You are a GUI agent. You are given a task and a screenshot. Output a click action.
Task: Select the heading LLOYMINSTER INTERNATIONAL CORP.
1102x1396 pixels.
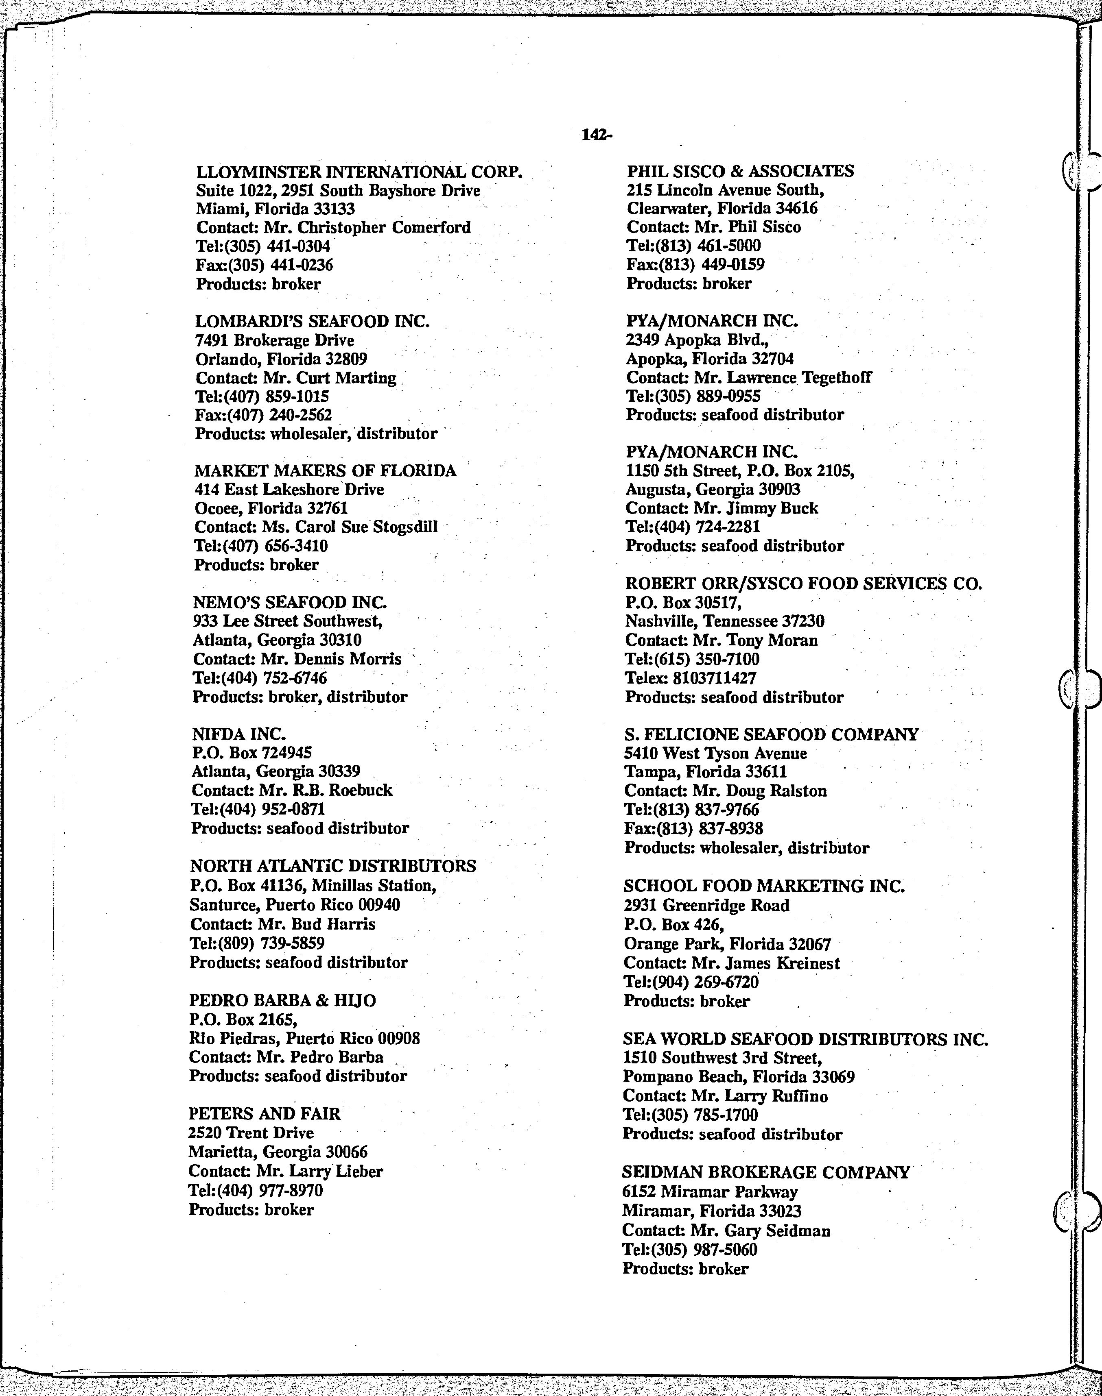click(359, 172)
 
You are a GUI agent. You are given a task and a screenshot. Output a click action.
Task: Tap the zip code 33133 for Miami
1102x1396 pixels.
click(334, 209)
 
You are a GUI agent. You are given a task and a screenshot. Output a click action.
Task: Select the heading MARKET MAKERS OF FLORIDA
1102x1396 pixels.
click(325, 471)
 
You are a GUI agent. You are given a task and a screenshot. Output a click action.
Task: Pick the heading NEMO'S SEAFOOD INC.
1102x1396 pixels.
click(290, 602)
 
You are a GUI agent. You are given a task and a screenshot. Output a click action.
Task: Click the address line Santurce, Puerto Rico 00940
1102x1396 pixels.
click(295, 905)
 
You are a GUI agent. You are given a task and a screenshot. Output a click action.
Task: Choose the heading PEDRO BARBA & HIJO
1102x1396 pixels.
click(282, 1000)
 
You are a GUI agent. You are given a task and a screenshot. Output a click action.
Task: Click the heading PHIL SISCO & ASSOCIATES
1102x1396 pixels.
click(740, 172)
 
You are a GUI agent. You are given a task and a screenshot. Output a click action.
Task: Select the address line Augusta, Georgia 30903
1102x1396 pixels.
click(713, 490)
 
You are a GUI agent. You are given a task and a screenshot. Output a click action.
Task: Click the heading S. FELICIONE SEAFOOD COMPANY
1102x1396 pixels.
click(771, 734)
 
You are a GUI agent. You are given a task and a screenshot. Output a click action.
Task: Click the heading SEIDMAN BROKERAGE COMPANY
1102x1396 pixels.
click(766, 1172)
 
